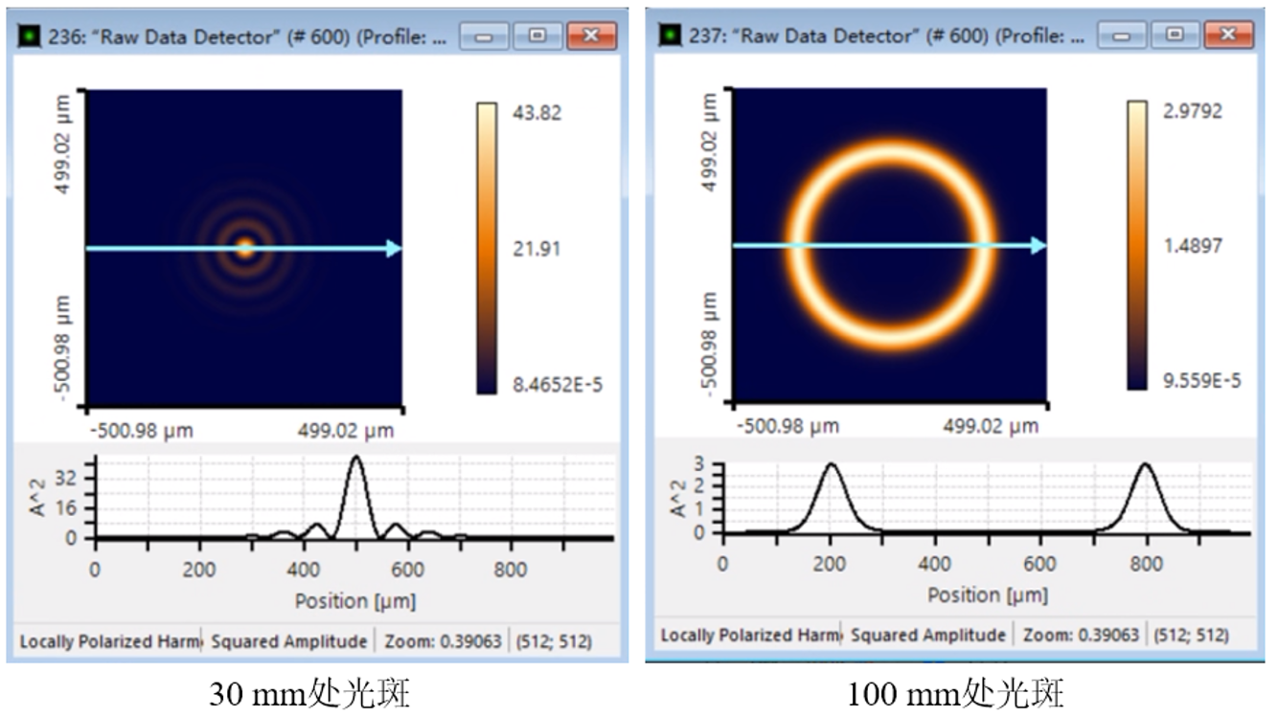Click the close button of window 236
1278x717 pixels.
pyautogui.click(x=591, y=36)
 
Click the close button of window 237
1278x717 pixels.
pyautogui.click(x=1229, y=35)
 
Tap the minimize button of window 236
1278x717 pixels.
pyautogui.click(x=484, y=36)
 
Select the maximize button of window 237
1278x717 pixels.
pyautogui.click(x=1175, y=35)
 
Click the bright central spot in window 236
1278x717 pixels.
pyautogui.click(x=244, y=249)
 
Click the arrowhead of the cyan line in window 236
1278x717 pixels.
pyautogui.click(x=394, y=249)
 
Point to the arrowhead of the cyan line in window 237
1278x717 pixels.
pyautogui.click(x=1038, y=246)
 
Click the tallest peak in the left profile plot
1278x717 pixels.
pyautogui.click(x=356, y=458)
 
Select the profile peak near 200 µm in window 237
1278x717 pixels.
pyautogui.click(x=831, y=465)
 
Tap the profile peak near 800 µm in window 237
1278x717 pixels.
pyautogui.click(x=1145, y=465)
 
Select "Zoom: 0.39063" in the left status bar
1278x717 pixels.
pyautogui.click(x=443, y=641)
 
